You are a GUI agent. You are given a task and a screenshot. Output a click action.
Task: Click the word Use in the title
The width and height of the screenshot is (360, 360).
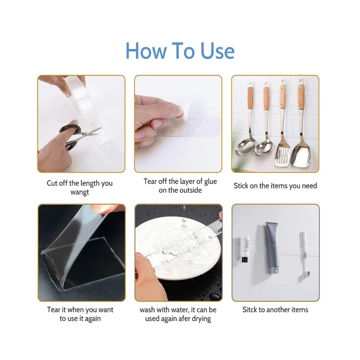tap(217, 51)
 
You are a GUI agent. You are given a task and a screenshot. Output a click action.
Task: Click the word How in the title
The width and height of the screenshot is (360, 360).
tap(146, 51)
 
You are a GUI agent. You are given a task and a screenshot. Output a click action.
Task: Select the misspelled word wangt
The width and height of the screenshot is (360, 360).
tap(80, 192)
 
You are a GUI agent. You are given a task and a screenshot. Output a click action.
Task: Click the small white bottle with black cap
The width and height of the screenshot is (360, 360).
tap(245, 249)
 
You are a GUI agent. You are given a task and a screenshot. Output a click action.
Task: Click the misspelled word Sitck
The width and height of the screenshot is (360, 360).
tap(250, 310)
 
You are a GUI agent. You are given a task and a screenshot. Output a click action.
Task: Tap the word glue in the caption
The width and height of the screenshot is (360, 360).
tap(210, 182)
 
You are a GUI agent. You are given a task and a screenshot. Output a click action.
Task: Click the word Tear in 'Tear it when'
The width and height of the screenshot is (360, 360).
tap(53, 310)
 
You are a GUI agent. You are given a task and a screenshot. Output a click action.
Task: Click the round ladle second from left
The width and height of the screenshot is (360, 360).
tap(264, 120)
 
